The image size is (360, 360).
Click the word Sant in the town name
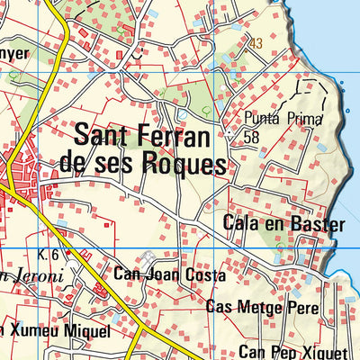[x=103, y=137]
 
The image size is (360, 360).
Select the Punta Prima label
[x=274, y=118]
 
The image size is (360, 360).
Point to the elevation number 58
[x=251, y=136]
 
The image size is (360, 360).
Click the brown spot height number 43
[x=256, y=43]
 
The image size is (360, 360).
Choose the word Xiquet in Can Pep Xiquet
[x=323, y=351]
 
